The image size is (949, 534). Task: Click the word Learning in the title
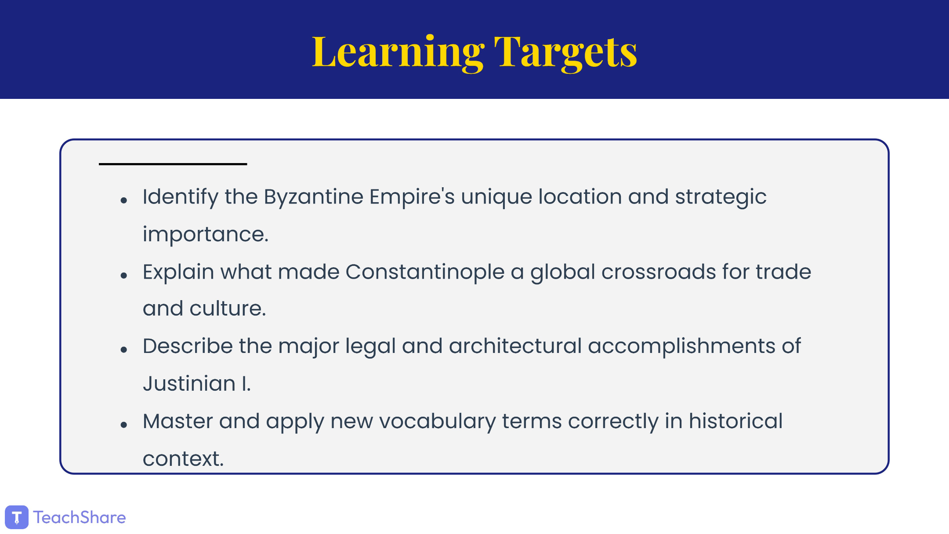pyautogui.click(x=398, y=53)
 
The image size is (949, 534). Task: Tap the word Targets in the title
pyautogui.click(x=565, y=52)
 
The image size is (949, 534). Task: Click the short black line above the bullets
pyautogui.click(x=173, y=164)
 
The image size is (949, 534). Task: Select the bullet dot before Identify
pyautogui.click(x=124, y=200)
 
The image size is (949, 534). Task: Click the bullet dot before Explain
pyautogui.click(x=124, y=276)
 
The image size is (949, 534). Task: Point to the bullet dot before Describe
pyautogui.click(x=124, y=350)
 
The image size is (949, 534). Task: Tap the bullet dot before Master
pyautogui.click(x=124, y=425)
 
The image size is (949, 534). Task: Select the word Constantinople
pyautogui.click(x=425, y=272)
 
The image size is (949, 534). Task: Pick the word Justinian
pyautogui.click(x=189, y=383)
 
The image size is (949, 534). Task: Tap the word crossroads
pyautogui.click(x=659, y=272)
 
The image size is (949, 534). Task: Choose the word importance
pyautogui.click(x=206, y=234)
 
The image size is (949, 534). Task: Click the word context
pyautogui.click(x=183, y=459)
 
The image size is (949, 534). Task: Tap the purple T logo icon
pyautogui.click(x=17, y=517)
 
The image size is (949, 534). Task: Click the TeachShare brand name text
pyautogui.click(x=80, y=517)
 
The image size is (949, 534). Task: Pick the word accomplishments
pyautogui.click(x=681, y=346)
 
